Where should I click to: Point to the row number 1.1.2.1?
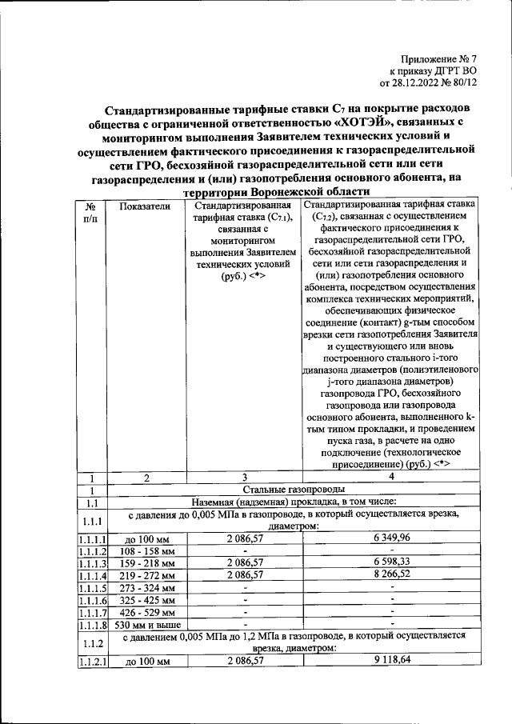tap(93, 661)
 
